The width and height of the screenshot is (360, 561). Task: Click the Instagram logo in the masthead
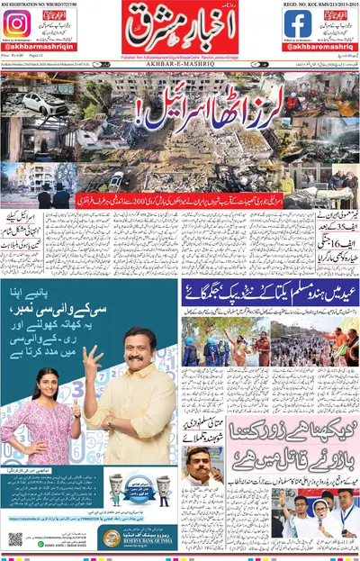click(x=16, y=24)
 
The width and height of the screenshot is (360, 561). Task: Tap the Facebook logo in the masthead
click(x=297, y=24)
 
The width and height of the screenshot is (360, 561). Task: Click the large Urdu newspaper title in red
click(x=180, y=31)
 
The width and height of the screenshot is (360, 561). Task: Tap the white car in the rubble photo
click(x=37, y=105)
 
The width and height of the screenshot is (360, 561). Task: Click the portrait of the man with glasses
click(x=201, y=467)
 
